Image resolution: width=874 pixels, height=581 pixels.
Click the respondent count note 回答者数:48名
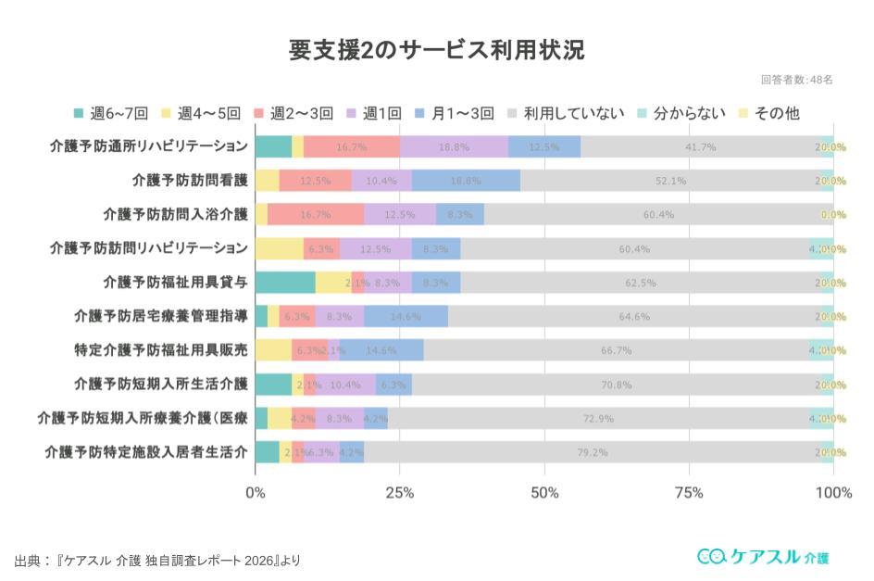(x=796, y=80)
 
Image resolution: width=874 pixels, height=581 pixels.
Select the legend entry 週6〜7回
(x=112, y=113)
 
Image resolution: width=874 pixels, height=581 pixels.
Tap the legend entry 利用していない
(x=565, y=113)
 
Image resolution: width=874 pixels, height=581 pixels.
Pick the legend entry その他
(x=768, y=113)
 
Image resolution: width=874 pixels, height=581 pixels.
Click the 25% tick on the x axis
(x=399, y=493)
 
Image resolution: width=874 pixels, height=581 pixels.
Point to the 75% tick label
(x=689, y=493)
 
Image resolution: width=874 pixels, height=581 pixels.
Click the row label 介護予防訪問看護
(x=190, y=181)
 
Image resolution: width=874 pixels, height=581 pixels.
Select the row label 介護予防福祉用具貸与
(x=176, y=283)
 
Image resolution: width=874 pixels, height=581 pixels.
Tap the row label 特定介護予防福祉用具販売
(x=161, y=351)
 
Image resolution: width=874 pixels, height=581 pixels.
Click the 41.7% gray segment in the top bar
(x=699, y=146)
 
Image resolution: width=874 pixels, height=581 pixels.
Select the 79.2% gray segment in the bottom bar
(x=592, y=452)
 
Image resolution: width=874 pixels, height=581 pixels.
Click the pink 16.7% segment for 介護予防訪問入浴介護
(x=316, y=214)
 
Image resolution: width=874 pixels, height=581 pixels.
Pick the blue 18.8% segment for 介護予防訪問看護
(x=466, y=181)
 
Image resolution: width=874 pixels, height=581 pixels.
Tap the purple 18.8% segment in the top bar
(x=454, y=146)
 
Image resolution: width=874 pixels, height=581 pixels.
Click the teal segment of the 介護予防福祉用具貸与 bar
(x=285, y=283)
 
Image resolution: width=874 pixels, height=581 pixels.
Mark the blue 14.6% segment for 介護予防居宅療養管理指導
(x=406, y=316)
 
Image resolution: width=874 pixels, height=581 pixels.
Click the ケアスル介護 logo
(x=762, y=556)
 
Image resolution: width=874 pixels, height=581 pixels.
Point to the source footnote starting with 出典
(x=157, y=561)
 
